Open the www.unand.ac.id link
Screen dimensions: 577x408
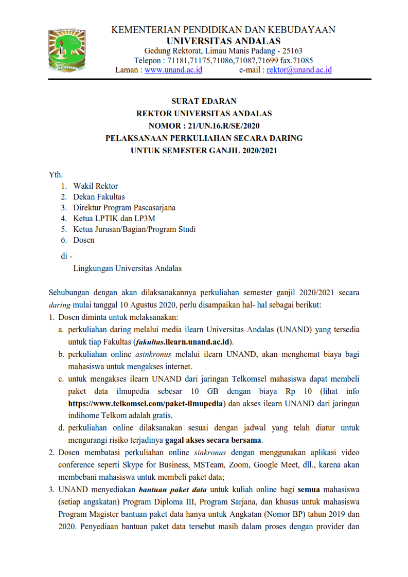coord(173,70)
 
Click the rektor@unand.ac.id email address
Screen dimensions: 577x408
coord(299,70)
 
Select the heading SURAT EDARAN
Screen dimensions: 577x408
coord(204,101)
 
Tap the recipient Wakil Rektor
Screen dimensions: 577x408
coord(95,186)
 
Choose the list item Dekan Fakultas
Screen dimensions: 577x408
coord(99,196)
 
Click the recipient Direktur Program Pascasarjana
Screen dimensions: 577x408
coord(124,207)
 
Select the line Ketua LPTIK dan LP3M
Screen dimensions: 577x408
coord(110,218)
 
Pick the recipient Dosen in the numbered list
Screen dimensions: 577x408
coord(83,240)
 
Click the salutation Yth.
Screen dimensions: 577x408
coord(56,175)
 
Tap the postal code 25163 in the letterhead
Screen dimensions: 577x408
coord(292,50)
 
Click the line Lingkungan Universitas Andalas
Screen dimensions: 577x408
coord(127,268)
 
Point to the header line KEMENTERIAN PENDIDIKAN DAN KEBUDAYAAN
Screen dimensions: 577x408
coord(223,30)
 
